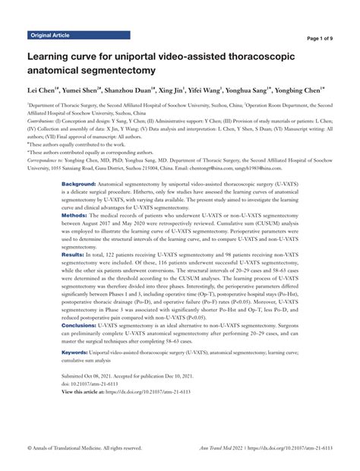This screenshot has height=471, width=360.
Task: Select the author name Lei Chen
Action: tap(43, 90)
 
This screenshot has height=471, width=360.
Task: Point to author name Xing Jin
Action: tap(178, 90)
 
